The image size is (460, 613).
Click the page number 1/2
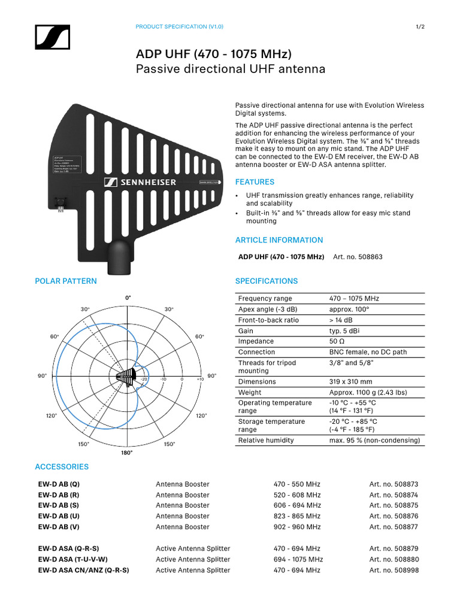pos(420,27)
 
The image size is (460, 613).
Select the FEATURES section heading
pos(255,182)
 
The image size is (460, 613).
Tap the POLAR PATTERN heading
pos(66,281)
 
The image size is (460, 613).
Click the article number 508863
pos(358,257)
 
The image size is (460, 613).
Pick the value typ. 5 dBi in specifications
pos(344,331)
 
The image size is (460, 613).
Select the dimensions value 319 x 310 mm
pos(350,382)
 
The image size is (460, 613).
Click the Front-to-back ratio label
pos(268,320)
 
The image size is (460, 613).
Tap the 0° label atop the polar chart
pos(128,298)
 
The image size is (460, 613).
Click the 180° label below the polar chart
pos(127,453)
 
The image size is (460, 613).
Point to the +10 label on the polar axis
pos(199,380)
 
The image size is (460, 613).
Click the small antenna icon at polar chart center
pos(125,376)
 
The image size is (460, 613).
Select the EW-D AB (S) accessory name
pos(57,506)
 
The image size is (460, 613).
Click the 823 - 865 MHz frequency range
pos(297,516)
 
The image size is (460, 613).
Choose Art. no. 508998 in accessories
pos(394,570)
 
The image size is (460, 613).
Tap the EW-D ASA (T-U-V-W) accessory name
pos(73,560)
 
